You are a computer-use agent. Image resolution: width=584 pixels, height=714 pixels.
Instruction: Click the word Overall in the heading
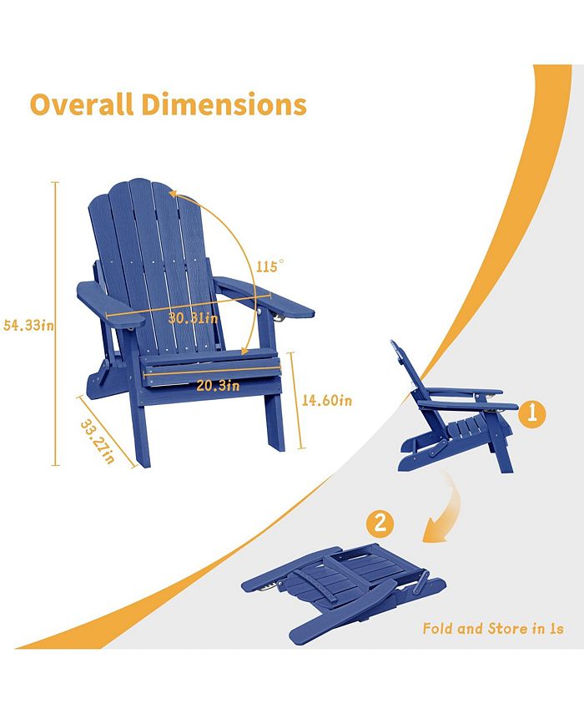point(81,105)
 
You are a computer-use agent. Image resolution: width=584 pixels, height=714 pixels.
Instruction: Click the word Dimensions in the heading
point(224,105)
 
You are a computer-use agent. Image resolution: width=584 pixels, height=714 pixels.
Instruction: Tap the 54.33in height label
point(28,326)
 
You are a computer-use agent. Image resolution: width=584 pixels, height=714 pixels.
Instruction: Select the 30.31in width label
point(193,318)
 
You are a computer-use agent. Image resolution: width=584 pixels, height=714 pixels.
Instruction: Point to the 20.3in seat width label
point(219,386)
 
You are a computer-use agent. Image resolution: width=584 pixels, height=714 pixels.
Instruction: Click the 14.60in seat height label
point(326,400)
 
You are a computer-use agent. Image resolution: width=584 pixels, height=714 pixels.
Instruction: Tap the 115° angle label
point(270,267)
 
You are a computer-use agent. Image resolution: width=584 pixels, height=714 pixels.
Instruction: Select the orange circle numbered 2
point(380,524)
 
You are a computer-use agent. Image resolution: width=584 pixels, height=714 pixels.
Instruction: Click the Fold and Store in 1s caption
point(492,628)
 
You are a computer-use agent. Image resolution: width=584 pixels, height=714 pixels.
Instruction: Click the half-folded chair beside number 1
point(451,409)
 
